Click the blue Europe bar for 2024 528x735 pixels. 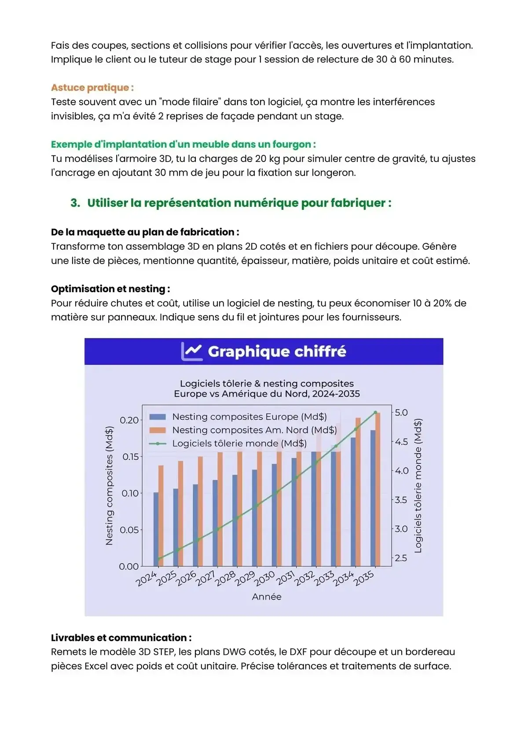click(156, 529)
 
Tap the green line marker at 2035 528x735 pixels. click(375, 412)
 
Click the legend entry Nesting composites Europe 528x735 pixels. click(249, 416)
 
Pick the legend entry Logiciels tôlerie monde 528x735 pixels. click(239, 443)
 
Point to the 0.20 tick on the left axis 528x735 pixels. click(129, 420)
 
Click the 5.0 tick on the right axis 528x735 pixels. click(401, 412)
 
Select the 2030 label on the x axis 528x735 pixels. click(265, 578)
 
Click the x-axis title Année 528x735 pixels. click(267, 596)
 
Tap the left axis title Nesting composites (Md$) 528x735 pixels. click(109, 486)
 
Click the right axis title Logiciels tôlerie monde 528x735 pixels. click(418, 486)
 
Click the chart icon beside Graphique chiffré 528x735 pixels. click(192, 351)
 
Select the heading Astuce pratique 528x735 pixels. click(92, 88)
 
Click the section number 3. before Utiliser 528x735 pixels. click(75, 203)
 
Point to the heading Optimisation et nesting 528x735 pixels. click(110, 289)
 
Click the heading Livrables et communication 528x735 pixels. click(121, 638)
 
